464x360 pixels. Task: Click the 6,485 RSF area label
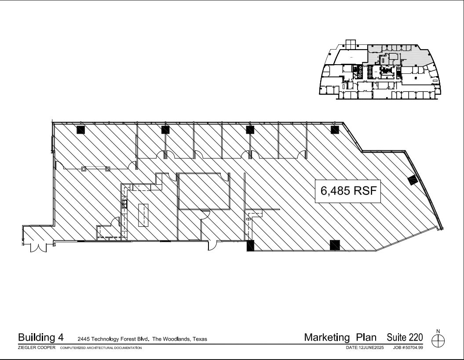[x=347, y=191]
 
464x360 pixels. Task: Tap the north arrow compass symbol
[x=438, y=340]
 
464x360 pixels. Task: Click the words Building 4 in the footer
[x=40, y=338]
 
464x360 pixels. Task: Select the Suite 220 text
[x=405, y=338]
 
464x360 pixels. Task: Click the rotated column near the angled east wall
[x=413, y=180]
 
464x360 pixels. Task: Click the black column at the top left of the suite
[x=80, y=130]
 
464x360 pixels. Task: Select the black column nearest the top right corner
[x=335, y=130]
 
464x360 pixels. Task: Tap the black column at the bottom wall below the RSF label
[x=335, y=245]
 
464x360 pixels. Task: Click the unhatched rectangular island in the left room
[x=143, y=215]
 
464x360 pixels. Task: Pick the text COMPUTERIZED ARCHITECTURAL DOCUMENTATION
[x=101, y=348]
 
